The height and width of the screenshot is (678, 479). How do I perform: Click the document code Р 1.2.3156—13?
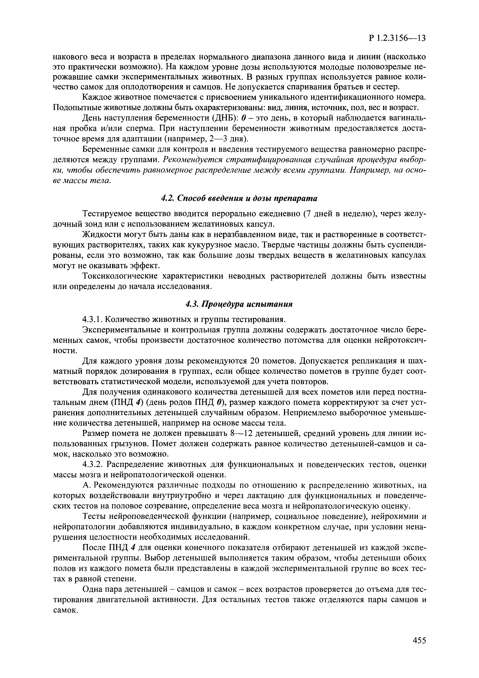[x=397, y=38]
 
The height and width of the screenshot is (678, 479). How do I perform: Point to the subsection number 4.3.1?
[x=92, y=319]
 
